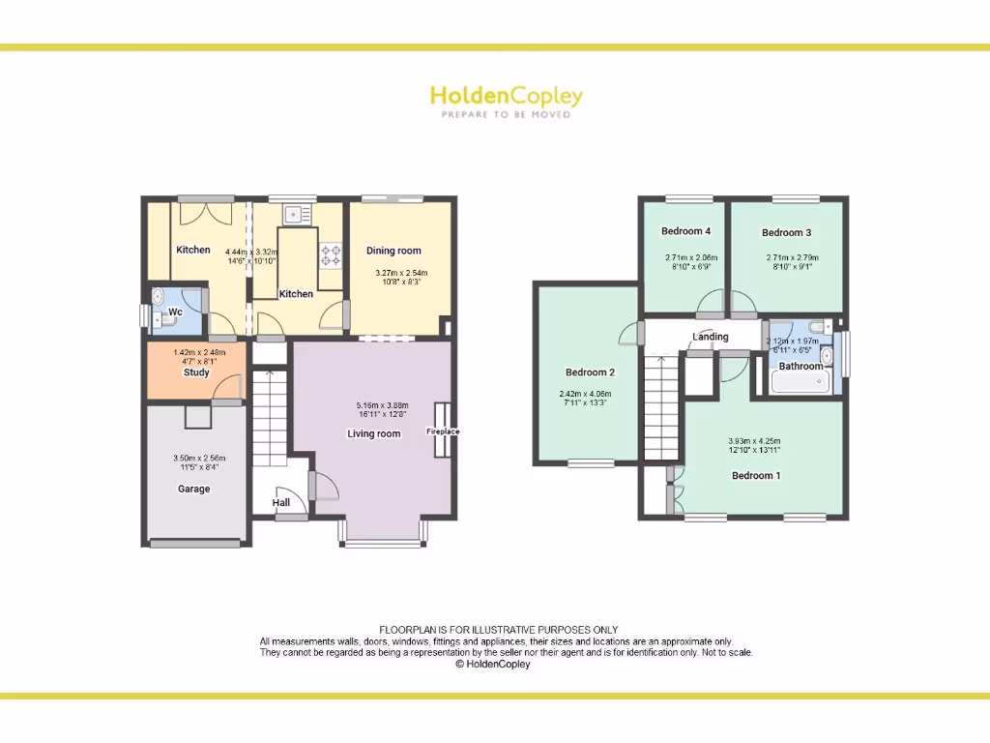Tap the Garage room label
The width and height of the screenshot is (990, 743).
(193, 489)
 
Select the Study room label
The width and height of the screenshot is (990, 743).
(196, 372)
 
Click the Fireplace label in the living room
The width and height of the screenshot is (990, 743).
(444, 431)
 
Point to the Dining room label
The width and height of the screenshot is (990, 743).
(393, 252)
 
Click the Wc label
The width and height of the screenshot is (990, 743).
(175, 312)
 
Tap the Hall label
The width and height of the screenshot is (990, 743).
(280, 503)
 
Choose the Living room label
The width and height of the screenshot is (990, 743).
(373, 433)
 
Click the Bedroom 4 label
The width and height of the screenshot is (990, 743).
(685, 231)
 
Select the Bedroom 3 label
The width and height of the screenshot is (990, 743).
(786, 232)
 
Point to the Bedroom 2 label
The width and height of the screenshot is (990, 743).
(590, 372)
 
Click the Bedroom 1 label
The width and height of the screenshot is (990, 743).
(756, 475)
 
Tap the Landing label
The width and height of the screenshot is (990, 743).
(711, 337)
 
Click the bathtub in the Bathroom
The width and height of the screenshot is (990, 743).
(801, 382)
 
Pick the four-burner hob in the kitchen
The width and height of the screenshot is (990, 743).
(332, 254)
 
